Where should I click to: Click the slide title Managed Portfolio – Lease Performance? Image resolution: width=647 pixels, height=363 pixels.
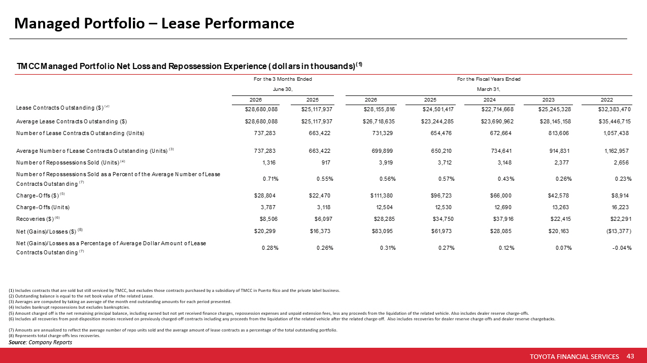point(154,23)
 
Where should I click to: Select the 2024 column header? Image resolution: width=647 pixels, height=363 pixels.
point(489,100)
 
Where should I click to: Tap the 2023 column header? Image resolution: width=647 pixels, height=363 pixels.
point(548,100)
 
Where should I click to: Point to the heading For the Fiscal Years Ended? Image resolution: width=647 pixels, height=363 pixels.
point(489,79)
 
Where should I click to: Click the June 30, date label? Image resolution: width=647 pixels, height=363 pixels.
point(283,89)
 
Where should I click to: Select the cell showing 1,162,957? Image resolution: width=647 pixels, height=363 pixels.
point(617,151)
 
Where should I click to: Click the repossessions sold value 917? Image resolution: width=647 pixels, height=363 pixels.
point(326,162)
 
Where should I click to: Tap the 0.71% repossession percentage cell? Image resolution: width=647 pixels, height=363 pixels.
point(270,179)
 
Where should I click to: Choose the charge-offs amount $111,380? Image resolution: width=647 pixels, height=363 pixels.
point(381,195)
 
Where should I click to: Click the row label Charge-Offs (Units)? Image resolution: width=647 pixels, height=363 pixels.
point(43,207)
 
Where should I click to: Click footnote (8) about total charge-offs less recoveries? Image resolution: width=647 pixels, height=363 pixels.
point(54,336)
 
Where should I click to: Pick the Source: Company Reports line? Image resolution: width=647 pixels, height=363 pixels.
point(40,342)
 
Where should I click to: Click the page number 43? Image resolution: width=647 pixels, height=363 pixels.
point(630,356)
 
